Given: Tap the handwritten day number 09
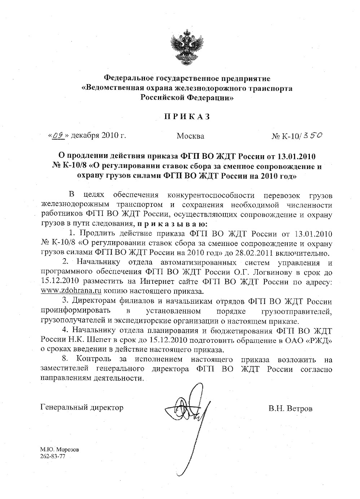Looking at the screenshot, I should tap(58, 135).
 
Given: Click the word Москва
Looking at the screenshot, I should tap(190, 136).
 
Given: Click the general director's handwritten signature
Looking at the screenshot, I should tap(189, 415).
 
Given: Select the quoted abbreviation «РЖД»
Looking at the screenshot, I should tap(319, 340).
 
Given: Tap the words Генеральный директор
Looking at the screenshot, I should tap(82, 408).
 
